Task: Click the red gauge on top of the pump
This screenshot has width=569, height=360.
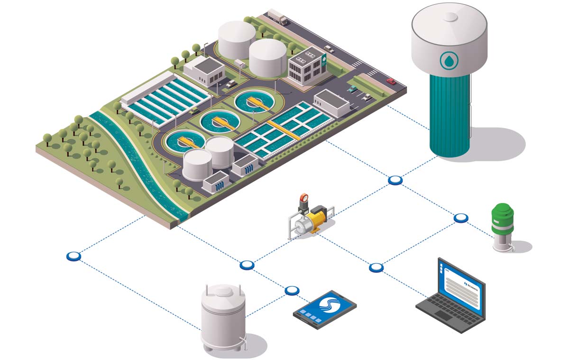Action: [304, 197]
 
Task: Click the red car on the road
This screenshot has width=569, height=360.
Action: [391, 81]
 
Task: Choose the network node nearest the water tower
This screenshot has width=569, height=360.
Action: [395, 180]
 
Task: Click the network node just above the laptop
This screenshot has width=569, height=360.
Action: [376, 268]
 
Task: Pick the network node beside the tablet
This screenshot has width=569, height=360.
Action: [292, 290]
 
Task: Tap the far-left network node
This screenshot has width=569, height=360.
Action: [73, 256]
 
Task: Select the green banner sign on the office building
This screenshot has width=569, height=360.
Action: [323, 59]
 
